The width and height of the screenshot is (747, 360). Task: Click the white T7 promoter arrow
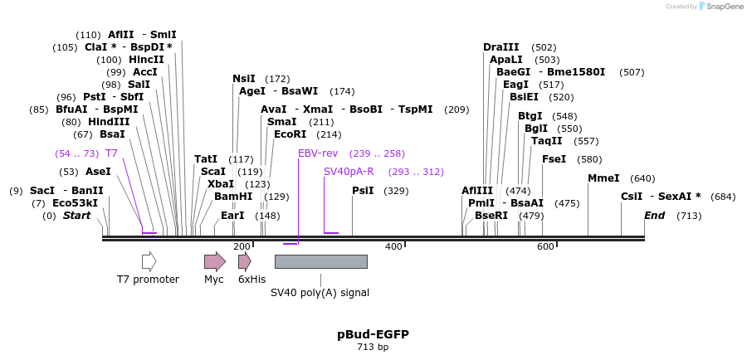coord(149,262)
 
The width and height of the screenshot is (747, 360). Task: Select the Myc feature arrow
coord(214,262)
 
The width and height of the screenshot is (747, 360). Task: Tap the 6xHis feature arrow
coord(244,262)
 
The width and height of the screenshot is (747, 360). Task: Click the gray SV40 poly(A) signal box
coord(320,262)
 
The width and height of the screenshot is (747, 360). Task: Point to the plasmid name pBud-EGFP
coord(373,334)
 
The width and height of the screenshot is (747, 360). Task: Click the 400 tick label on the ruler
coord(393,246)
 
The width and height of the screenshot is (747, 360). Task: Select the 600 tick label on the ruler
coord(545,246)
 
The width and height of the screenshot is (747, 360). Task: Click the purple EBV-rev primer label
coord(318,153)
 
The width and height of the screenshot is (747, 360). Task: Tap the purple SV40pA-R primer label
coord(349,172)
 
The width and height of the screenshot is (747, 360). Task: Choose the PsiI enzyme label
coord(363,191)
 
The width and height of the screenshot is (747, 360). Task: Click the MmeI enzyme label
coord(603,178)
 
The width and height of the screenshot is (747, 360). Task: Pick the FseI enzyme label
coord(554,159)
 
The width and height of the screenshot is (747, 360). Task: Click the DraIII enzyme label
coord(500,47)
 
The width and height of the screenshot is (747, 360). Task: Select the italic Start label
coord(76,216)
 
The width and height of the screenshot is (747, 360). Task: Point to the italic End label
coord(654,216)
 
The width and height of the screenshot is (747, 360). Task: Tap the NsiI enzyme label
coord(244,79)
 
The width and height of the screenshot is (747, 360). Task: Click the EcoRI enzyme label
coord(290,134)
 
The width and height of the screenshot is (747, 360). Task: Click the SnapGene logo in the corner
coord(719,7)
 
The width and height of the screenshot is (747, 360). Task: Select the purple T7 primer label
coord(111,153)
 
